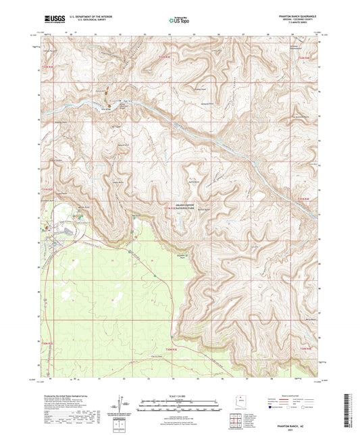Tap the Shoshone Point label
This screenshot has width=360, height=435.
(180, 257)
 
